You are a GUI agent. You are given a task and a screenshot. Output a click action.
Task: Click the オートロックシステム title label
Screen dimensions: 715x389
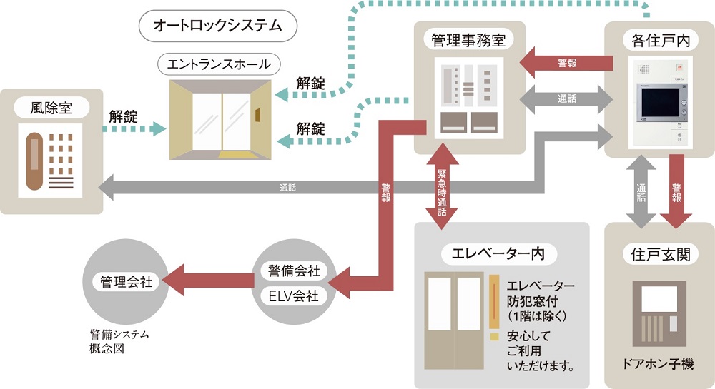pos(218,26)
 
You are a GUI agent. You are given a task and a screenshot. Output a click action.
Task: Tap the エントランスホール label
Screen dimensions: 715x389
pos(219,64)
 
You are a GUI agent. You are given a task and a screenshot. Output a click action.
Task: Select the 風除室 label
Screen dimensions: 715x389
pos(51,108)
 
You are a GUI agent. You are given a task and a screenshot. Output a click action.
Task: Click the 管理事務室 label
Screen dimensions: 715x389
pos(468,40)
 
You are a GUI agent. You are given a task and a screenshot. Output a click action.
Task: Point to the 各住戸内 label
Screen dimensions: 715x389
pos(660,41)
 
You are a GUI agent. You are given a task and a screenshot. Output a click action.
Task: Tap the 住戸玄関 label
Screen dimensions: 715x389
pos(660,254)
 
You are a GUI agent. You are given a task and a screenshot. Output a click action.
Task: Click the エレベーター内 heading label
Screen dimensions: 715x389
pos(499,254)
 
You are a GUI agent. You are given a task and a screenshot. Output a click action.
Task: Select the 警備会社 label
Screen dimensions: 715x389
pos(294,271)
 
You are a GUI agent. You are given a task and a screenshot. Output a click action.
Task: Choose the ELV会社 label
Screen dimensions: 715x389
pos(294,296)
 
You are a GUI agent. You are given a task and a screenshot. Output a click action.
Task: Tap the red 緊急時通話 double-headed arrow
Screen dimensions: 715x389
pos(442,186)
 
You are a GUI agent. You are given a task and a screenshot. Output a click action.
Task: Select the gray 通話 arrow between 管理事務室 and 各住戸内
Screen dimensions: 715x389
pos(566,98)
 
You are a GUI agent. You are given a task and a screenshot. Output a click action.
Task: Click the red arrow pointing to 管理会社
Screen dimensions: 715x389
pos(208,280)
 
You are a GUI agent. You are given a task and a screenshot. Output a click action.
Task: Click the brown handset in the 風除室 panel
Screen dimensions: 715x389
pos(34,161)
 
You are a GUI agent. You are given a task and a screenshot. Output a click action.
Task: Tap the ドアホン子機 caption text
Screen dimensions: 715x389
pos(658,364)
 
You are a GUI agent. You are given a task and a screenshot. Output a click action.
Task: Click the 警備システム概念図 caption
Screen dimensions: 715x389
pos(119,342)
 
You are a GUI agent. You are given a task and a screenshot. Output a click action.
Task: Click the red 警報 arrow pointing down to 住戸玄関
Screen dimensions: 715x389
pos(676,191)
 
